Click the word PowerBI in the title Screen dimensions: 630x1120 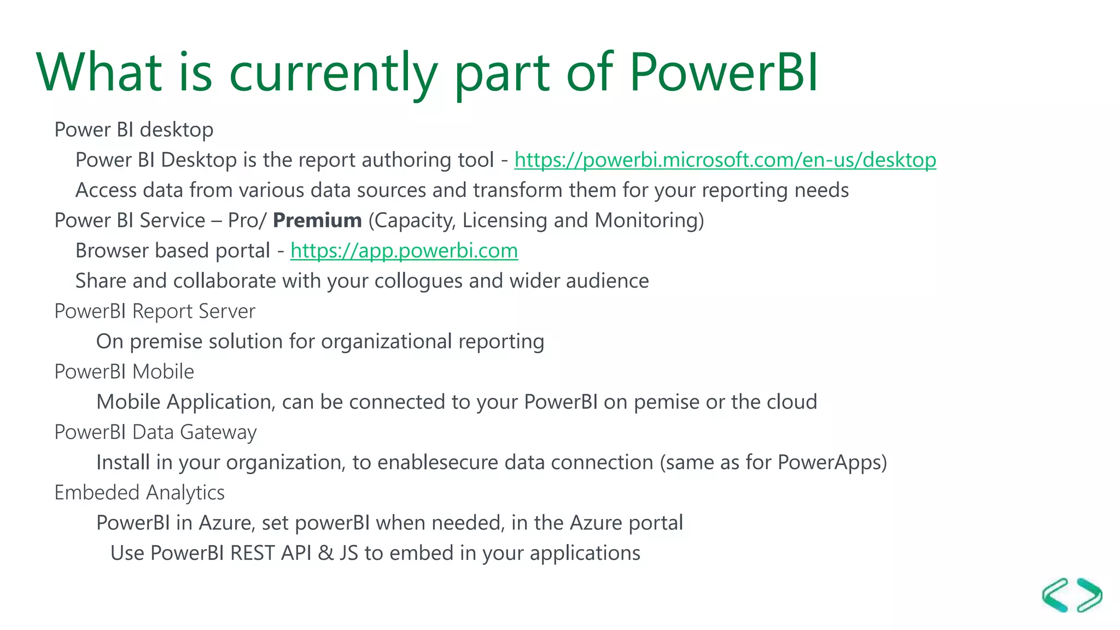point(723,72)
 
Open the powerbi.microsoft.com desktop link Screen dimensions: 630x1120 point(725,160)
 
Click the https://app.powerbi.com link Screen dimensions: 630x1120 point(404,250)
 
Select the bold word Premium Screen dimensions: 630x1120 point(317,220)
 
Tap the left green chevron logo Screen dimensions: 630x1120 point(1055,595)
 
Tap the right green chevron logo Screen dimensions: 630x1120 point(1089,595)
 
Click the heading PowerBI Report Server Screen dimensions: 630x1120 point(155,311)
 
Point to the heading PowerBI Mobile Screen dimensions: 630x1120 point(124,372)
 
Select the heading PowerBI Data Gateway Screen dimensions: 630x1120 point(155,433)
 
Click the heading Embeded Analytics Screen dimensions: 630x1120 point(139,493)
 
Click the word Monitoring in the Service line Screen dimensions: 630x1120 point(649,220)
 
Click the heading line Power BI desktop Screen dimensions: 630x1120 point(134,130)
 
